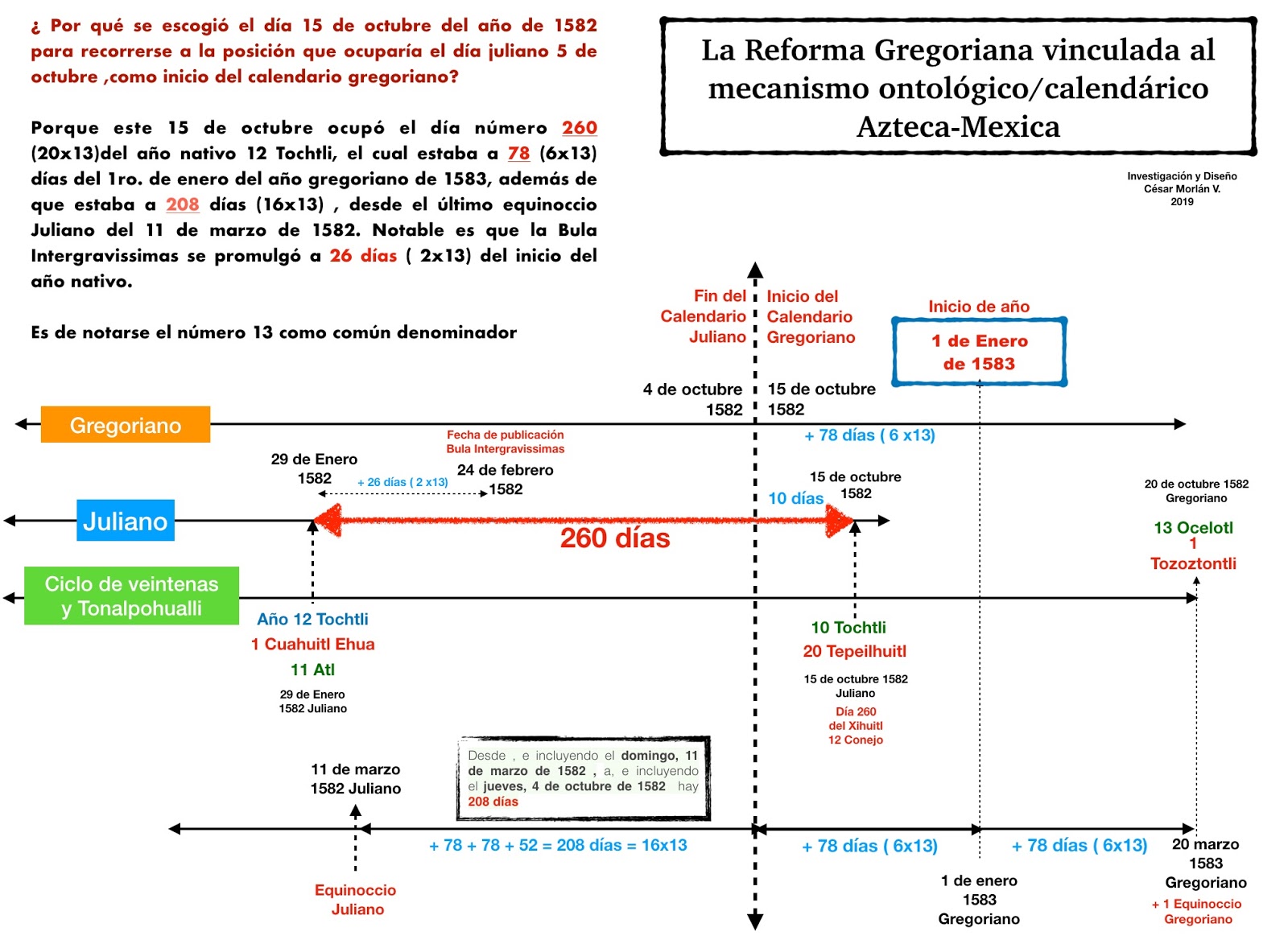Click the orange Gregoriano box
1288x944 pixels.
pyautogui.click(x=126, y=425)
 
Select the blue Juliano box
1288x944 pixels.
pyautogui.click(x=126, y=521)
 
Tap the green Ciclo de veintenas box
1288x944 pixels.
pyautogui.click(x=131, y=596)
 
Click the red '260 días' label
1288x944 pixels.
pyautogui.click(x=615, y=538)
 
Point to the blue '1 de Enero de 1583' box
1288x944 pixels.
pyautogui.click(x=979, y=352)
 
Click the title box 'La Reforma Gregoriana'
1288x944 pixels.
pyautogui.click(x=958, y=88)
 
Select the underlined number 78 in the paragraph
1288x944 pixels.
pyautogui.click(x=518, y=153)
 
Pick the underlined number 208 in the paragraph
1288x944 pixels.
pyautogui.click(x=183, y=204)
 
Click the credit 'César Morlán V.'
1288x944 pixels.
pyautogui.click(x=1182, y=189)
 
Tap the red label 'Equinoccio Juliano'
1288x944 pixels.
pyautogui.click(x=356, y=900)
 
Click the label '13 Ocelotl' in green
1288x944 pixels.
pyautogui.click(x=1193, y=528)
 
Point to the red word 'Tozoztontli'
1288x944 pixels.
pyautogui.click(x=1193, y=563)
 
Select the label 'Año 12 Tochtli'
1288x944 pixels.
pyautogui.click(x=312, y=619)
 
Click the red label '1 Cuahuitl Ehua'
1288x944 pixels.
pyautogui.click(x=312, y=644)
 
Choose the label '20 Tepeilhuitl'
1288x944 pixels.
pyautogui.click(x=854, y=651)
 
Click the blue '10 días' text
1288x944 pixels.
pyautogui.click(x=795, y=499)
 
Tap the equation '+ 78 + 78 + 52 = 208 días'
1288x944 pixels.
pyautogui.click(x=558, y=845)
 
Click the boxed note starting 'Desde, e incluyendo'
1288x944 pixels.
pyautogui.click(x=583, y=778)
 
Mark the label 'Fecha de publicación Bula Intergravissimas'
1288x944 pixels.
pyautogui.click(x=506, y=442)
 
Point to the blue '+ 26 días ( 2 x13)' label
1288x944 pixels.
pyautogui.click(x=402, y=482)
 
